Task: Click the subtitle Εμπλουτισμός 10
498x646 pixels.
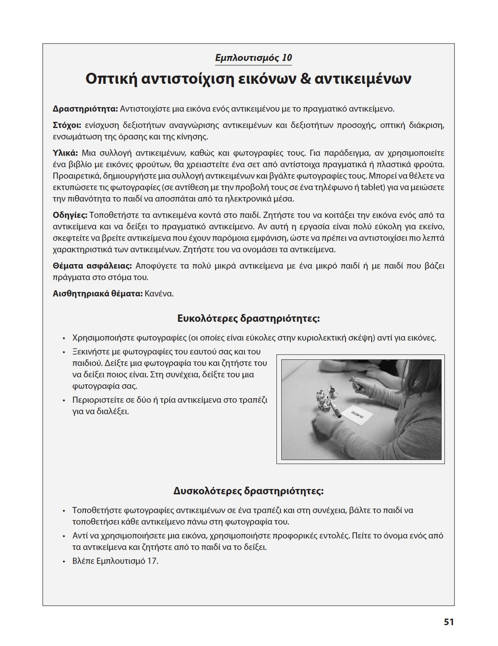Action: [254, 58]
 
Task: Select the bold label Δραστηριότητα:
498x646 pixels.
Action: [85, 109]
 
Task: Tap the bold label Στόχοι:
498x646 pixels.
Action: [67, 125]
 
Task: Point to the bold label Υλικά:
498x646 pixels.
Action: [65, 153]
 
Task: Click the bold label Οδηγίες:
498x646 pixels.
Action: [70, 215]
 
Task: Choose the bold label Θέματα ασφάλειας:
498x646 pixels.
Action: [92, 266]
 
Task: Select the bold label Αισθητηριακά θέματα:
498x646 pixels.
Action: [98, 294]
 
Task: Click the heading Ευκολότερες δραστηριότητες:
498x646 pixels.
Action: [248, 318]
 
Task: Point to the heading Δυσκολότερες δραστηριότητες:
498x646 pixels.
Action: [248, 491]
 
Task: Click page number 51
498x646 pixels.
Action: [449, 622]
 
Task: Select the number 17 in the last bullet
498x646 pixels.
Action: [151, 561]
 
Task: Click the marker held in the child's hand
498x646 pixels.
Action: [357, 385]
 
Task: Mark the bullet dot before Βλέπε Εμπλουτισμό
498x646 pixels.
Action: [64, 561]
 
